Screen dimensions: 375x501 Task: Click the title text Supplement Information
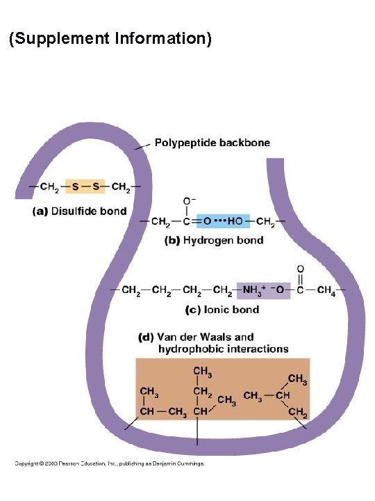[x=110, y=38]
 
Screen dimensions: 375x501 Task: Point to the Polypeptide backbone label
[x=212, y=143]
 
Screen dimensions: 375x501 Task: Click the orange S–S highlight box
[x=85, y=186]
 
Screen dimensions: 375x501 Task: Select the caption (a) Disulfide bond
[x=80, y=212]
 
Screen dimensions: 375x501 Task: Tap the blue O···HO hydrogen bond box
[x=223, y=221]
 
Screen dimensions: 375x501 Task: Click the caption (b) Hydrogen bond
[x=214, y=240]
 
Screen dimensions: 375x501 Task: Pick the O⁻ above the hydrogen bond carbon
[x=188, y=201]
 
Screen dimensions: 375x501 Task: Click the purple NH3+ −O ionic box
[x=263, y=290]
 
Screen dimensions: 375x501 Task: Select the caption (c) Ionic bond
[x=222, y=310]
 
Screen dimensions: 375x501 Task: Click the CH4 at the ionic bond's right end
[x=326, y=290]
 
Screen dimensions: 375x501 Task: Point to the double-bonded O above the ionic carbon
[x=301, y=269]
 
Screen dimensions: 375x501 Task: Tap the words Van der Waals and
[x=206, y=337]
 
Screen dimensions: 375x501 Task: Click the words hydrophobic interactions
[x=223, y=349]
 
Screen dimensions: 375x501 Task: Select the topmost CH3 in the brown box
[x=202, y=372]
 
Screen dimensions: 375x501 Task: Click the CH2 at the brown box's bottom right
[x=298, y=413]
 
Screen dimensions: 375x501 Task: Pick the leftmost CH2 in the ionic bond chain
[x=131, y=290]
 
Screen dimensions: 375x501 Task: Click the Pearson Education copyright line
[x=110, y=463]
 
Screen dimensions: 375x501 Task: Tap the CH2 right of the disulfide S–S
[x=121, y=186]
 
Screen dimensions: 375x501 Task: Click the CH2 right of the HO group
[x=265, y=221]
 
